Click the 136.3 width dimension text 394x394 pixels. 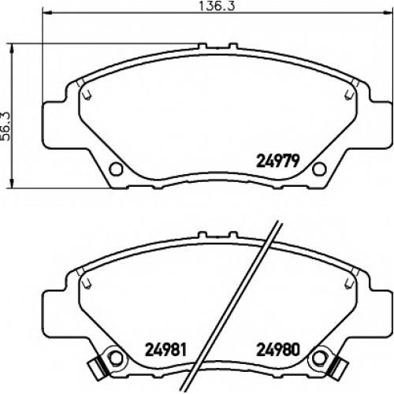tap(217, 6)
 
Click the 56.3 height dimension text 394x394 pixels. tap(6, 126)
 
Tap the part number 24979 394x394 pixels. tap(278, 161)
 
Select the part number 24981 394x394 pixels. tap(165, 349)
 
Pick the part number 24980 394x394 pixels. tap(278, 349)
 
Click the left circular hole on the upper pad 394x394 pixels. tap(116, 169)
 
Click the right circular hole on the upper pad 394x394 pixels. tap(319, 169)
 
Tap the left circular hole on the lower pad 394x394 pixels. tap(116, 358)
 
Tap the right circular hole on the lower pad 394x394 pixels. tap(319, 358)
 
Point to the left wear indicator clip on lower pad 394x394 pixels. tap(98, 367)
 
